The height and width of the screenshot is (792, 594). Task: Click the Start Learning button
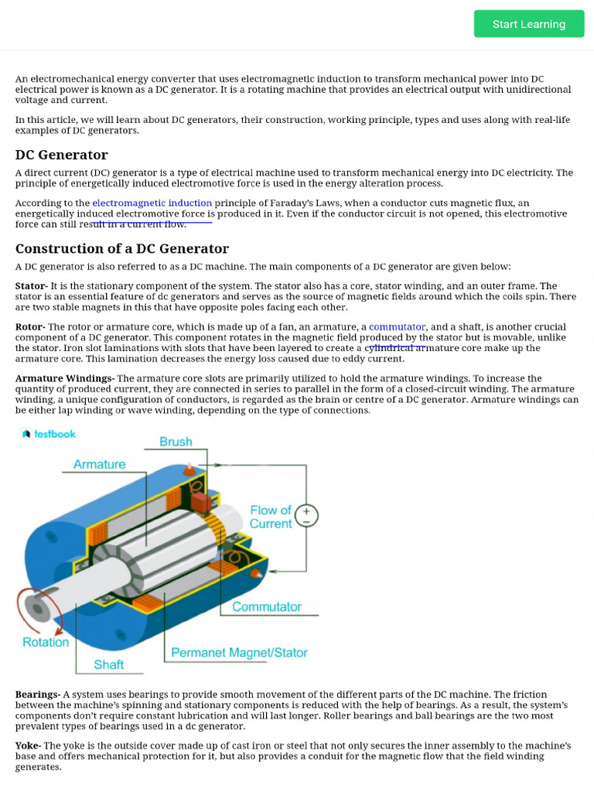click(529, 24)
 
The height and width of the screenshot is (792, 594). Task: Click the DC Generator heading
click(62, 155)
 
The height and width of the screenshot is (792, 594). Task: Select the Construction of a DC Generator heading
click(122, 249)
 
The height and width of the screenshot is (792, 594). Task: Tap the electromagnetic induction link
click(152, 203)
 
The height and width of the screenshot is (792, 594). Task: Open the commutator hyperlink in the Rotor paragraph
click(397, 327)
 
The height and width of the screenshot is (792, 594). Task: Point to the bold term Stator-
click(31, 286)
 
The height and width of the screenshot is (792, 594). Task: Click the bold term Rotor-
click(30, 327)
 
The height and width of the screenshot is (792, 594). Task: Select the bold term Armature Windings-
click(65, 378)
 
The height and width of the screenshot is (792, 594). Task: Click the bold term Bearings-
click(38, 695)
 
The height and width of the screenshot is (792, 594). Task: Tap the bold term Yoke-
click(29, 746)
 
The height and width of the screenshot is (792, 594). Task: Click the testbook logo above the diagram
click(49, 434)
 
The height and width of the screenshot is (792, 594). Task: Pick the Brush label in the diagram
click(176, 442)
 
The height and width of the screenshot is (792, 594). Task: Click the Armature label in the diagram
click(99, 464)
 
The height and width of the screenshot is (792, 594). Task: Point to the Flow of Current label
click(271, 517)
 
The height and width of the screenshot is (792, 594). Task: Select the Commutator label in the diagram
click(267, 607)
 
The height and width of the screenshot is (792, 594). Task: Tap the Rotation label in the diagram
click(46, 642)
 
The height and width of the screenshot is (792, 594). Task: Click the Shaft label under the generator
click(109, 664)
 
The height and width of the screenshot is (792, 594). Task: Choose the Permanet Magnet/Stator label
click(239, 653)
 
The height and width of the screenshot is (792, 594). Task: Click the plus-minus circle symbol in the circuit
click(306, 517)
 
